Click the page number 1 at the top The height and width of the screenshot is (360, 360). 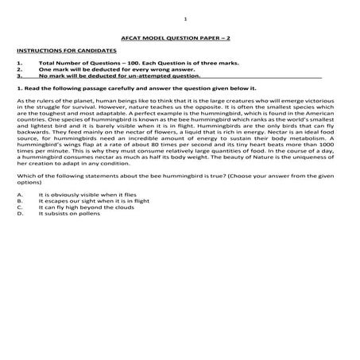184,17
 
